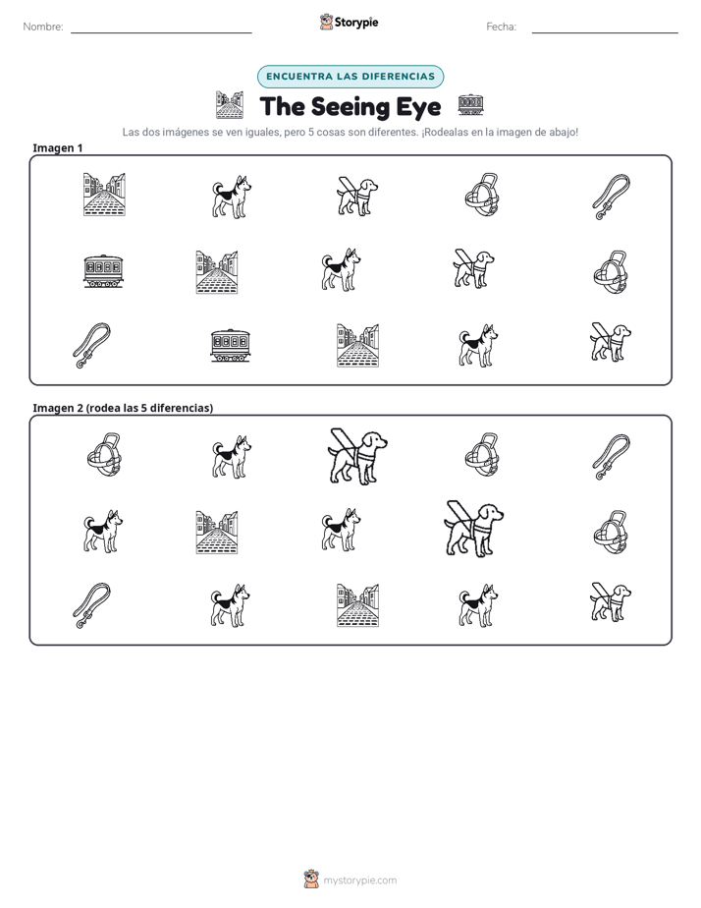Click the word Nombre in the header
coord(42,27)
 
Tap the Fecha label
coord(501,27)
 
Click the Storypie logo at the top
coord(349,22)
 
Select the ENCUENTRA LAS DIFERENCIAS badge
coord(350,77)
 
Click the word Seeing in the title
coord(350,107)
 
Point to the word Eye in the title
coord(418,107)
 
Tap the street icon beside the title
coord(230,105)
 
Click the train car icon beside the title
coord(470,105)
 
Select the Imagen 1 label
coord(57,147)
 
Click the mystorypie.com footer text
coord(359,880)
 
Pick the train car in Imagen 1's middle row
coord(104,271)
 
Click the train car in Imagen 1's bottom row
coord(230,346)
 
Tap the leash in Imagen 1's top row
coord(612,197)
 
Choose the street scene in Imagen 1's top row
coord(104,195)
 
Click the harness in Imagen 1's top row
coord(482,195)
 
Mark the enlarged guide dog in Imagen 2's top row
coord(357,456)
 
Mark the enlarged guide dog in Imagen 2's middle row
coord(473,530)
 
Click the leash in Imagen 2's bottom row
coord(91,605)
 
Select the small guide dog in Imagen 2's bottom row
coord(611,602)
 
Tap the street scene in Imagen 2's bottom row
coord(357,605)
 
